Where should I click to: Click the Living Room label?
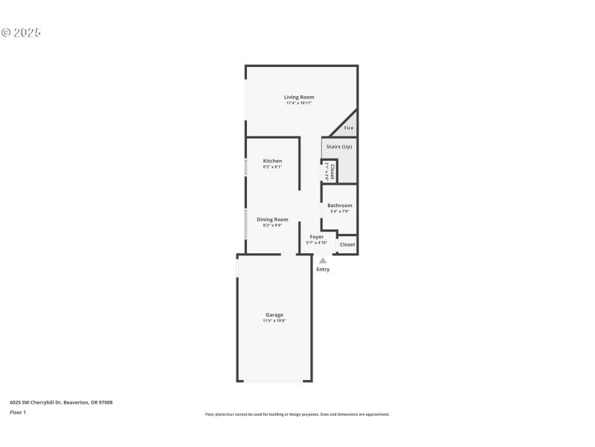pos(299,97)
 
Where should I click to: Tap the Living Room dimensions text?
pos(299,103)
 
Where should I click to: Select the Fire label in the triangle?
pos(349,128)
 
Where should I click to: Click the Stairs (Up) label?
pos(339,147)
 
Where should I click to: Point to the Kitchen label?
pos(272,161)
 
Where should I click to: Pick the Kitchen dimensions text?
pos(272,167)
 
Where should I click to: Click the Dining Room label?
pos(272,219)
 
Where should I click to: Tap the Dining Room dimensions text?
pos(272,225)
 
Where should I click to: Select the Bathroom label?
pos(340,206)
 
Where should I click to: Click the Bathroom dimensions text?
pos(340,212)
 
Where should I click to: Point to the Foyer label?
pos(317,237)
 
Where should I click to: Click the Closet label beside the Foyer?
pos(347,244)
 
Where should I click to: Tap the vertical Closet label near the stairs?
pos(332,171)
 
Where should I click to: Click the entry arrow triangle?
pos(323,261)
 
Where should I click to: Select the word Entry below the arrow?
pos(323,269)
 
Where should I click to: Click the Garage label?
pos(274,314)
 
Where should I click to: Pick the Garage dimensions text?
pos(274,320)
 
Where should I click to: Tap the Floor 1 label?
pos(18,412)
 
